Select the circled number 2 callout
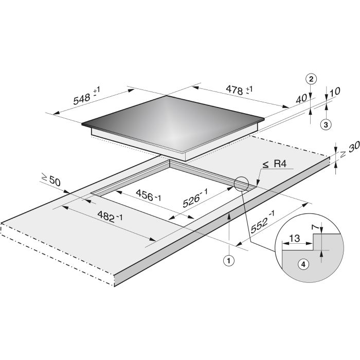pyautogui.click(x=311, y=79)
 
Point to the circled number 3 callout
pyautogui.click(x=326, y=124)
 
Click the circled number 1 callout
pyautogui.click(x=229, y=261)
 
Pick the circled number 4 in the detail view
pyautogui.click(x=303, y=264)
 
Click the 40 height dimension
pyautogui.click(x=301, y=99)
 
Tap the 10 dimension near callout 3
pyautogui.click(x=335, y=92)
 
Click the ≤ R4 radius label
pyautogui.click(x=275, y=164)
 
